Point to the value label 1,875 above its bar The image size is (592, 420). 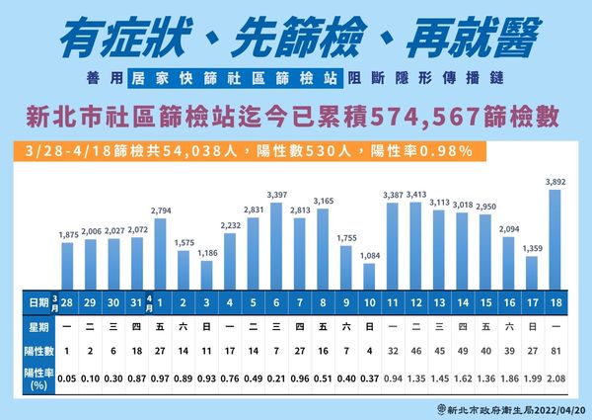pyautogui.click(x=67, y=233)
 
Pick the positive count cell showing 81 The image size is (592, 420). pyautogui.click(x=555, y=349)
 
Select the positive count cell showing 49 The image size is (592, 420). pyautogui.click(x=461, y=349)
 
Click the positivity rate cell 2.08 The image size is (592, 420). pyautogui.click(x=555, y=377)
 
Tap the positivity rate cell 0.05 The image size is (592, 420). pyautogui.click(x=67, y=377)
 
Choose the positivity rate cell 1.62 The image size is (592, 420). pyautogui.click(x=461, y=377)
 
